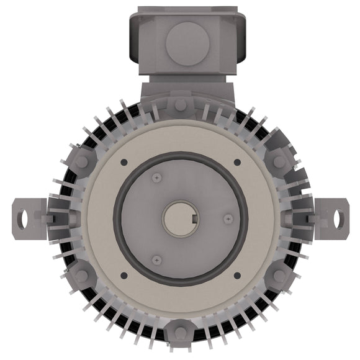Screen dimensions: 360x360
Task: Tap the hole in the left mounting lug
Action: (x=24, y=218)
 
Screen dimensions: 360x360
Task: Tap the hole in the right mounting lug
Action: (x=338, y=218)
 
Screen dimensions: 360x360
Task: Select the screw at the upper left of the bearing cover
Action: (x=156, y=178)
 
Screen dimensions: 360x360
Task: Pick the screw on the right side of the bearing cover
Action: (x=228, y=218)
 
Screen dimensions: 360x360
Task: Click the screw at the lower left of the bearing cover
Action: (x=156, y=259)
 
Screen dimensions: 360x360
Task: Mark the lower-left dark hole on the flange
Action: (x=124, y=275)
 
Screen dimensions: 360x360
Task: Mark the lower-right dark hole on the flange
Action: (x=237, y=275)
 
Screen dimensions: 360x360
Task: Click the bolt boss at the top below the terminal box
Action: (x=180, y=104)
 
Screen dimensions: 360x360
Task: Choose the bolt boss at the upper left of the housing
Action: (x=81, y=161)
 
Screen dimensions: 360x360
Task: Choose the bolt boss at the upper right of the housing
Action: (x=279, y=161)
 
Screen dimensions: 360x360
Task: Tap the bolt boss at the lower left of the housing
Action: (x=81, y=276)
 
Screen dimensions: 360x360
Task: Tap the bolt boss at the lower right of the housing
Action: (x=279, y=276)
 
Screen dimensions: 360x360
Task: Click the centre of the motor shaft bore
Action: (x=180, y=218)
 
